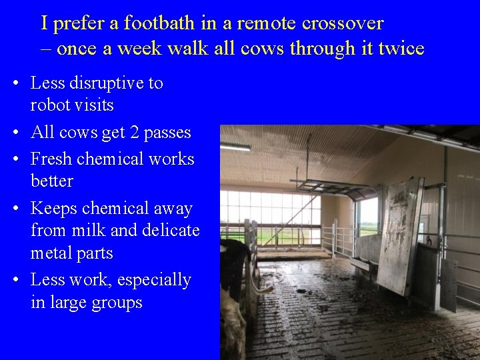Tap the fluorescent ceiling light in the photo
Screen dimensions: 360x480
tap(235, 146)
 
